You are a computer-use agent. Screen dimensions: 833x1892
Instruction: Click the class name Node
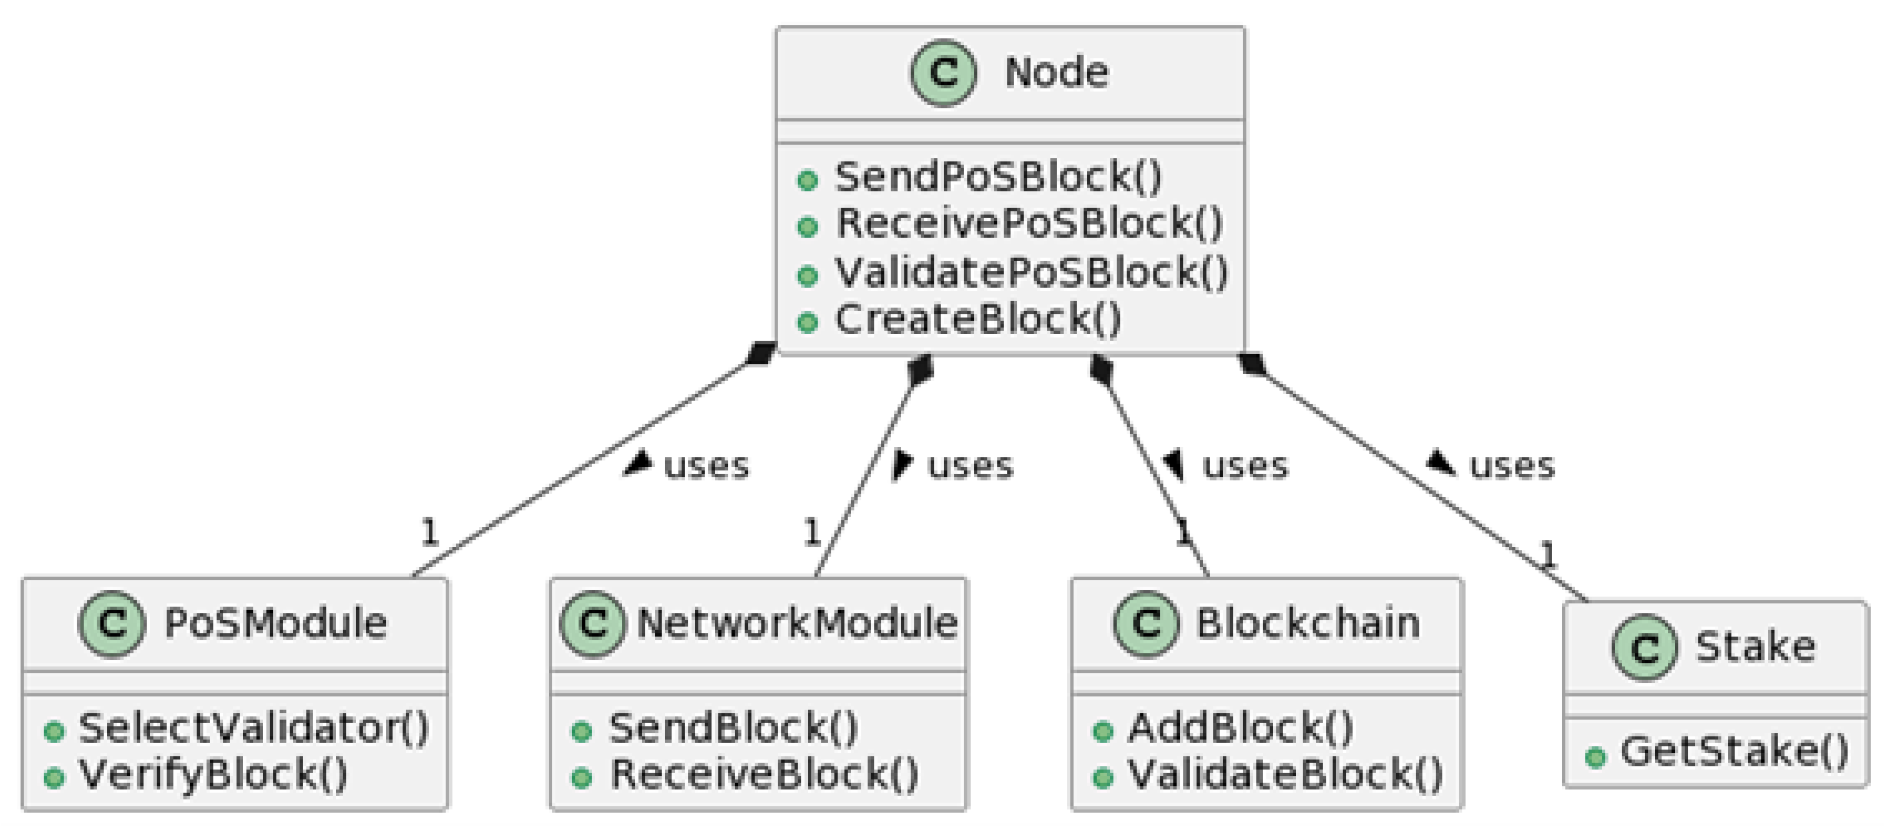pyautogui.click(x=1056, y=73)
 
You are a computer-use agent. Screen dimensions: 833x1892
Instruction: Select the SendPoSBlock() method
pyautogui.click(x=997, y=177)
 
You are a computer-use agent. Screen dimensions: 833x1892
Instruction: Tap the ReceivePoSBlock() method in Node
pyautogui.click(x=1028, y=223)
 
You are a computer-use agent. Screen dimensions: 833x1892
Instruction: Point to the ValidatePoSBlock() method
pyautogui.click(x=1031, y=272)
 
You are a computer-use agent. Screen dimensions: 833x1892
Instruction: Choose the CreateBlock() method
pyautogui.click(x=977, y=319)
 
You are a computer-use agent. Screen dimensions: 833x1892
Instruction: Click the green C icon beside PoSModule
pyautogui.click(x=111, y=623)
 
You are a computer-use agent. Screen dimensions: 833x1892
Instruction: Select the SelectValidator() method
pyautogui.click(x=252, y=728)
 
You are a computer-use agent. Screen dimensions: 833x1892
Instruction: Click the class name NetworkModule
pyautogui.click(x=797, y=623)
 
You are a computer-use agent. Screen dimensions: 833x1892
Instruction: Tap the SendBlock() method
pyautogui.click(x=732, y=728)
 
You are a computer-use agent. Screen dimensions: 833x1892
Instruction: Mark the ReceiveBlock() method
pyautogui.click(x=764, y=774)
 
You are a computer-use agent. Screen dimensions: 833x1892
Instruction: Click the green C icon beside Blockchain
pyautogui.click(x=1146, y=623)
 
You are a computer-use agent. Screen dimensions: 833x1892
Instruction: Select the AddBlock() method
pyautogui.click(x=1240, y=728)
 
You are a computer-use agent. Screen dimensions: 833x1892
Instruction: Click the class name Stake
pyautogui.click(x=1755, y=647)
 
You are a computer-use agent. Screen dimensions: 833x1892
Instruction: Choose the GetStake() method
pyautogui.click(x=1733, y=751)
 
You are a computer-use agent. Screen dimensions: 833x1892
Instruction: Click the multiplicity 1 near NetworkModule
pyautogui.click(x=811, y=532)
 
